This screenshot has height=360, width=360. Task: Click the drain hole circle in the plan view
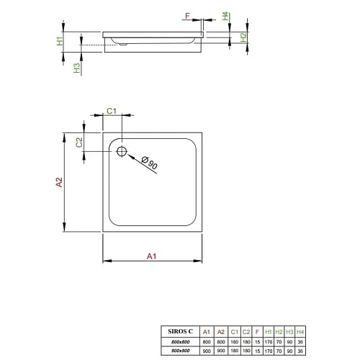pyautogui.click(x=121, y=151)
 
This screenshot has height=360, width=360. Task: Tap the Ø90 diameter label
pyautogui.click(x=149, y=163)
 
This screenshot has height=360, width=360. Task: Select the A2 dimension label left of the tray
pyautogui.click(x=59, y=183)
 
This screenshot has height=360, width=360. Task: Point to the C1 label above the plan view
pyautogui.click(x=112, y=110)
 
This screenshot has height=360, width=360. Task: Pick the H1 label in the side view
pyautogui.click(x=60, y=41)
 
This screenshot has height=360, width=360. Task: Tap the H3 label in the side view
pyautogui.click(x=76, y=68)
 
